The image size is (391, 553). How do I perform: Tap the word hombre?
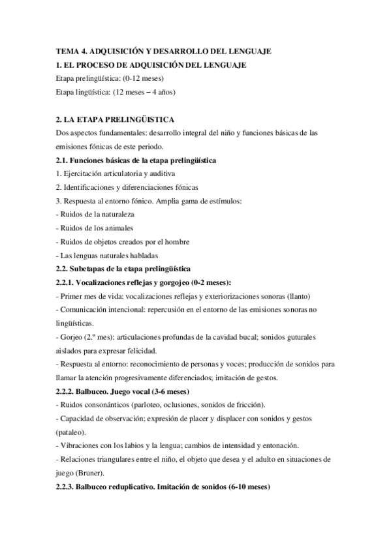tap(174, 242)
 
